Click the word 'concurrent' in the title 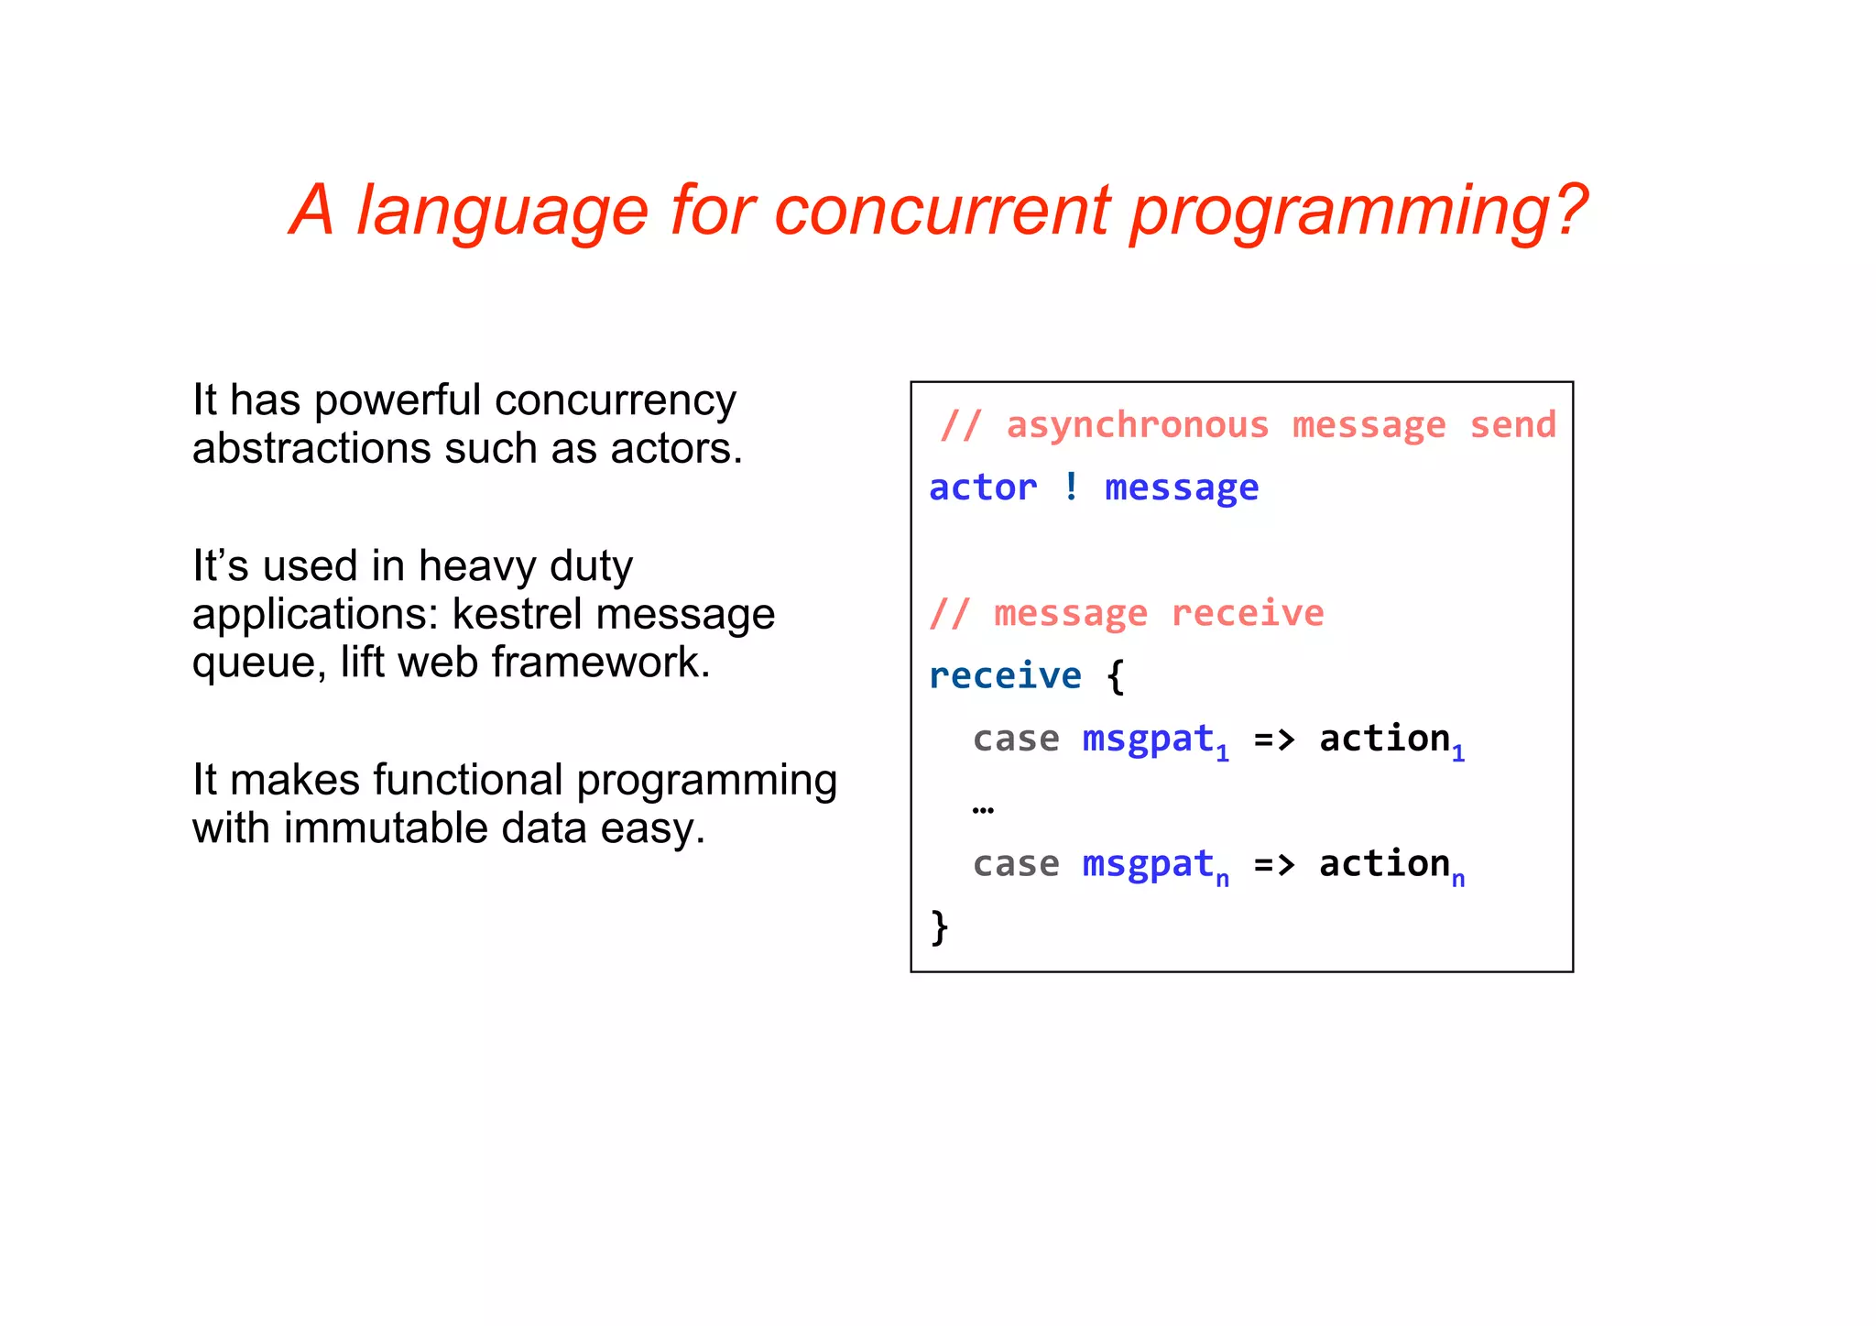942,211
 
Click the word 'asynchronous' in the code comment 1138,426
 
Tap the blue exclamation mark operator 1071,487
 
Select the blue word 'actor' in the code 983,488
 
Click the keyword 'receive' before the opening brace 1005,675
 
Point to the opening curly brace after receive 1115,677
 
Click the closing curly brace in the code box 940,926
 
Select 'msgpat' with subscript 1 1150,739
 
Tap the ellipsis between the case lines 983,809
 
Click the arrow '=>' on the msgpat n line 1273,864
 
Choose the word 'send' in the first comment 1512,425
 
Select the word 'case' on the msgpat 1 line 1015,739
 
